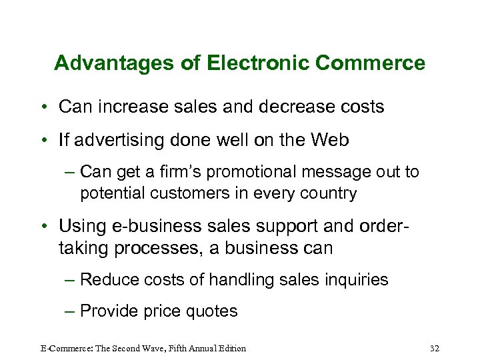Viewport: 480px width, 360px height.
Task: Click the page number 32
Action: click(x=435, y=348)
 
